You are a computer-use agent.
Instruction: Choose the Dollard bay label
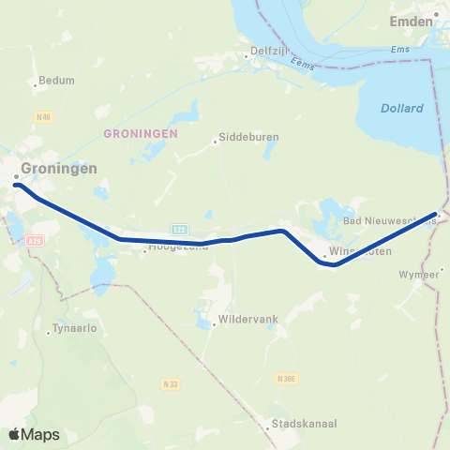pyautogui.click(x=401, y=109)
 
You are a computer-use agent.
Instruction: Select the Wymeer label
pyautogui.click(x=418, y=274)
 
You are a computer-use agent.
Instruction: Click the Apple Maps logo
pyautogui.click(x=34, y=434)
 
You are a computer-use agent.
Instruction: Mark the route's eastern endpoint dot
pyautogui.click(x=437, y=215)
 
